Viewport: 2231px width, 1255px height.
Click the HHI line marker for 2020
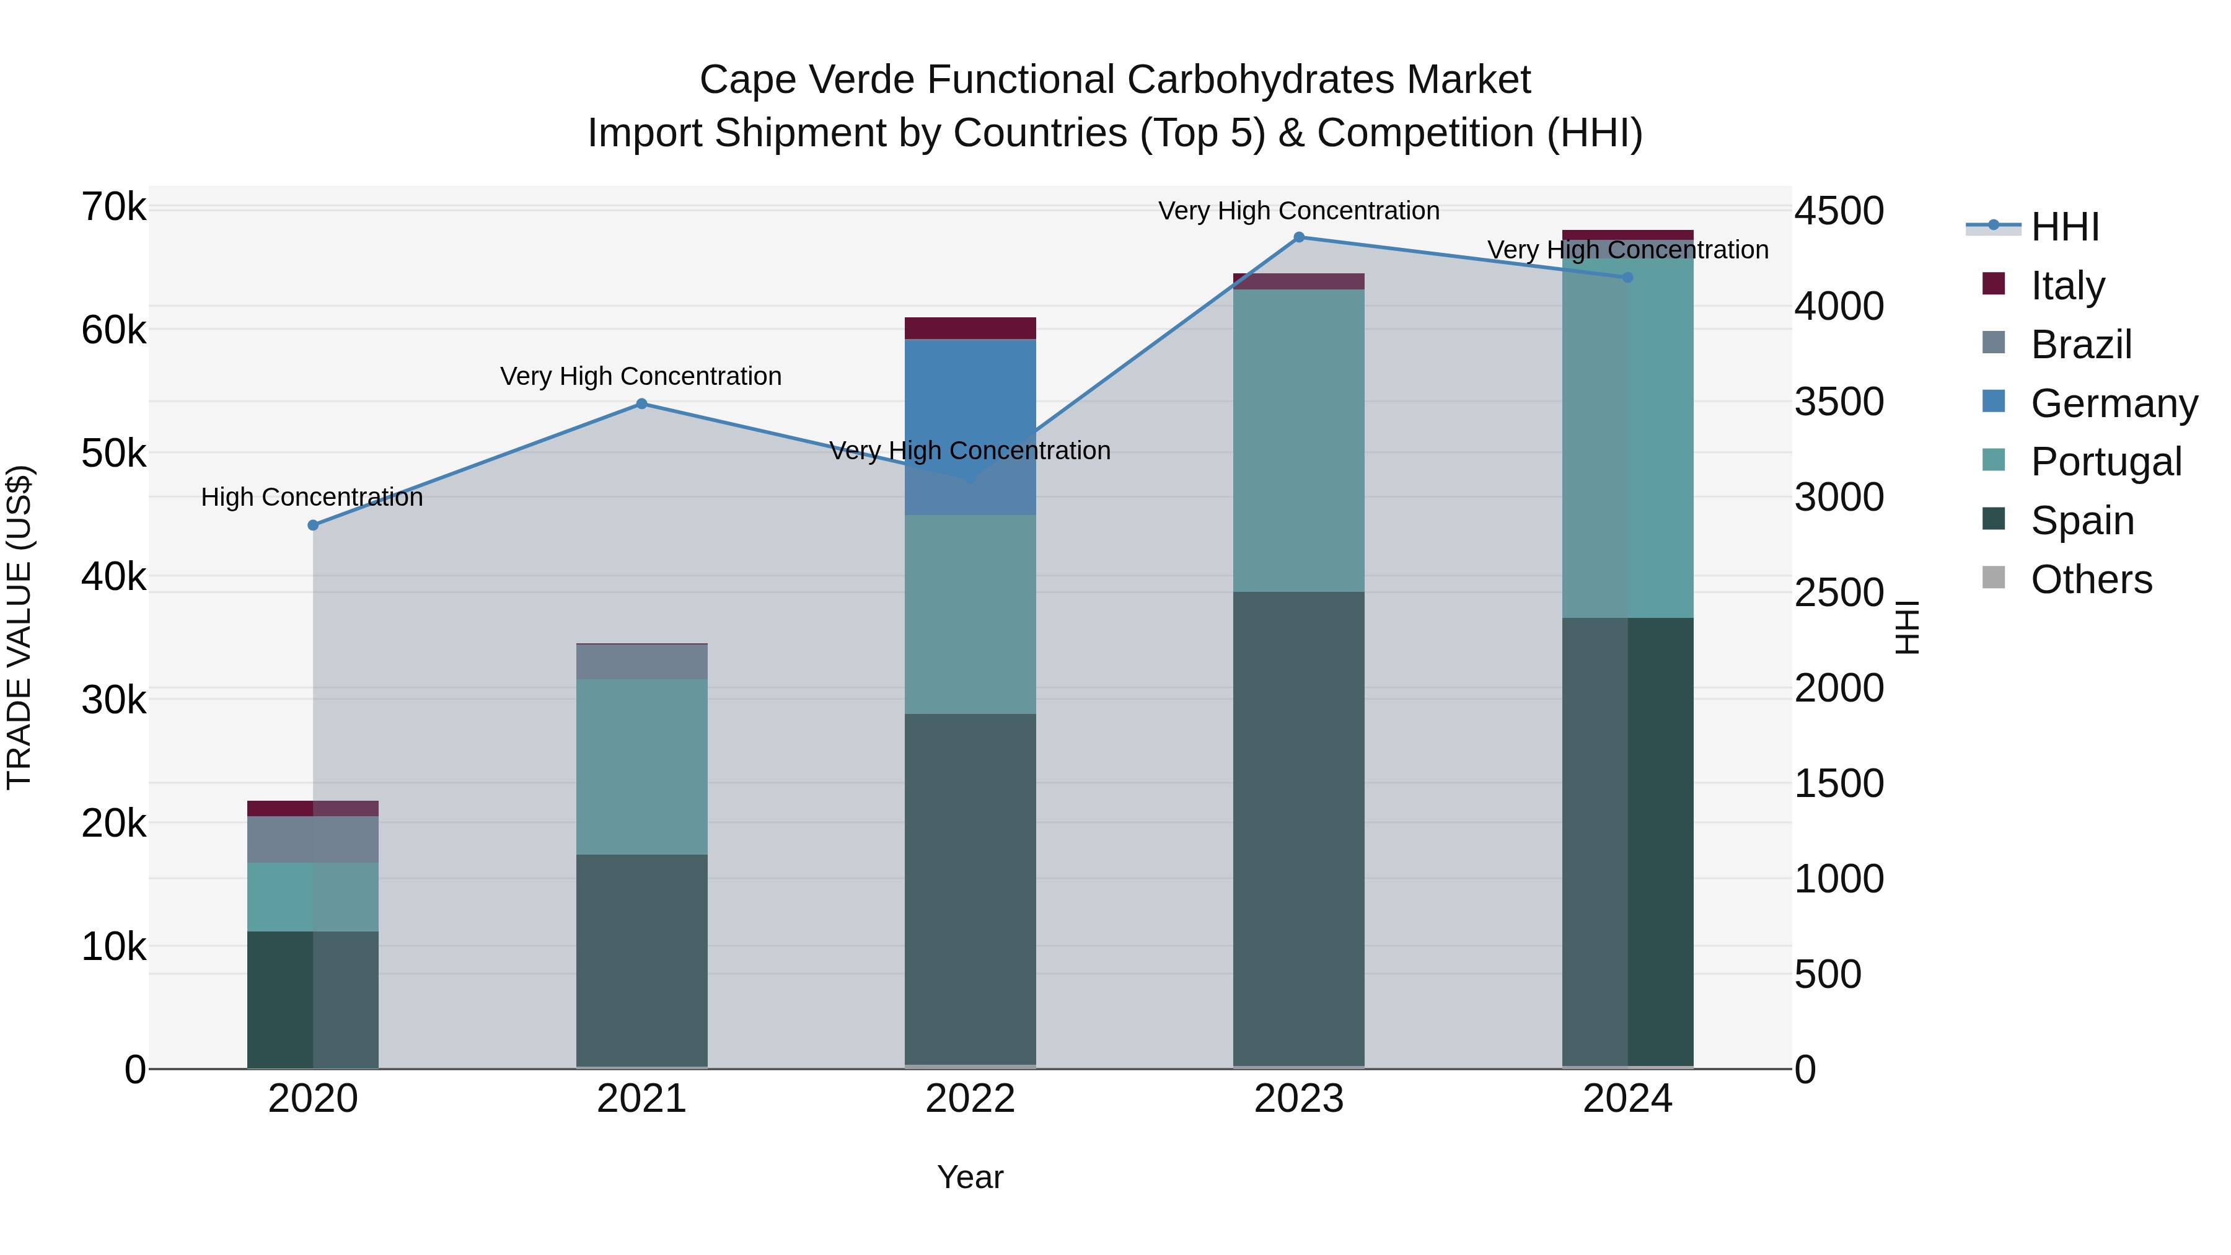pos(314,525)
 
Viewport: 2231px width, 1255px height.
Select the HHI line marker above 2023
pos(1298,237)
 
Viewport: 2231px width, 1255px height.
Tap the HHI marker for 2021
pos(642,403)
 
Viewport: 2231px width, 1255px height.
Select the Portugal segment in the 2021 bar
pos(642,767)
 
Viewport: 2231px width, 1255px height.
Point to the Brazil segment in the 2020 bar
pos(313,839)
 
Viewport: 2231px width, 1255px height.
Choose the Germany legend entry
pos(2113,403)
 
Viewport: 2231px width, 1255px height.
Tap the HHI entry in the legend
pos(2064,227)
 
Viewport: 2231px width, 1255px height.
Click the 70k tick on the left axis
pos(114,208)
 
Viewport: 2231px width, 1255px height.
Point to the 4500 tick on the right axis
pos(1839,211)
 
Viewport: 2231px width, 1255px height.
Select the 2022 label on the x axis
pos(970,1099)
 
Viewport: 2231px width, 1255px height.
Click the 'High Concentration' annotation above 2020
pos(312,497)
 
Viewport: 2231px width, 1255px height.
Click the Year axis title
pos(970,1177)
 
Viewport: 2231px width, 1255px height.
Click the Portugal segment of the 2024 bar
pos(1627,438)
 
